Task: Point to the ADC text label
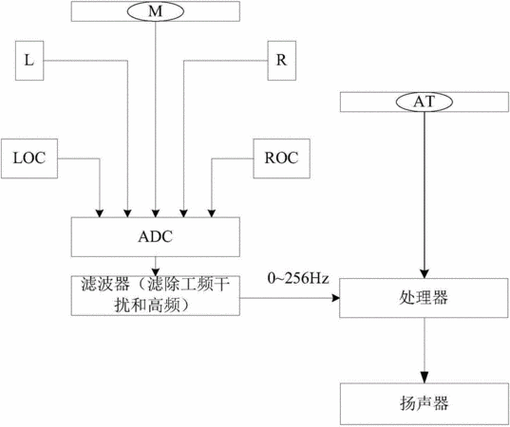pos(156,237)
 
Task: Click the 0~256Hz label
pos(298,278)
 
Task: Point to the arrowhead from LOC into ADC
pos(100,213)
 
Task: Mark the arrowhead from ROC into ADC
pos(212,213)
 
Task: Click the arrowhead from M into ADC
pos(156,213)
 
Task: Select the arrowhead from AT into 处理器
pos(425,273)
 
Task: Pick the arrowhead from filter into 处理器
pos(335,298)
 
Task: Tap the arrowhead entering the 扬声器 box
pos(425,380)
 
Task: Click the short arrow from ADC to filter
pos(156,266)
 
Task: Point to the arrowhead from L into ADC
pos(127,213)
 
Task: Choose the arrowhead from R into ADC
pos(183,213)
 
